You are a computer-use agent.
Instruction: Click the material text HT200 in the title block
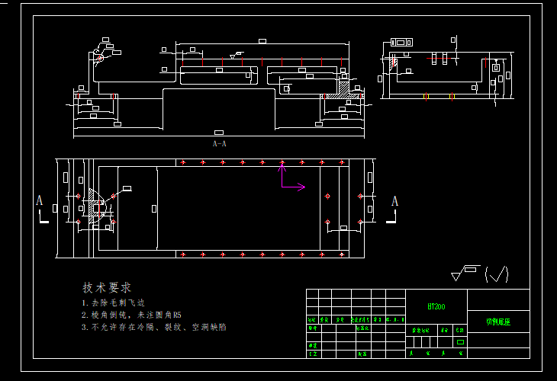tap(436, 306)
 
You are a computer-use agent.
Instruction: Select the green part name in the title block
tap(498, 322)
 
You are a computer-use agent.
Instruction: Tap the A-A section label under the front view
tap(219, 143)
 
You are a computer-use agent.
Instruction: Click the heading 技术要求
tap(107, 287)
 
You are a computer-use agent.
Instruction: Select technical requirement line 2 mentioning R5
tap(131, 314)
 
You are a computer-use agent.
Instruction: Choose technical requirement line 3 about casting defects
tap(153, 327)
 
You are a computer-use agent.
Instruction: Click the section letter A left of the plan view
tap(39, 200)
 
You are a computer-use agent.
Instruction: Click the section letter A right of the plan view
tap(394, 201)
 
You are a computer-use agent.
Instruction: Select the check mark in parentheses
tap(497, 274)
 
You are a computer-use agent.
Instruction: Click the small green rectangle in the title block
tap(459, 342)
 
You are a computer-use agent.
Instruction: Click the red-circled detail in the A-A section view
tap(100, 57)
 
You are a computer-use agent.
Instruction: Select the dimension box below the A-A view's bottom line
tap(219, 133)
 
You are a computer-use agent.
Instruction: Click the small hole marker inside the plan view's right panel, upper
tap(327, 196)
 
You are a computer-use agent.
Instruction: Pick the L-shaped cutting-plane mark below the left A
tap(43, 219)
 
